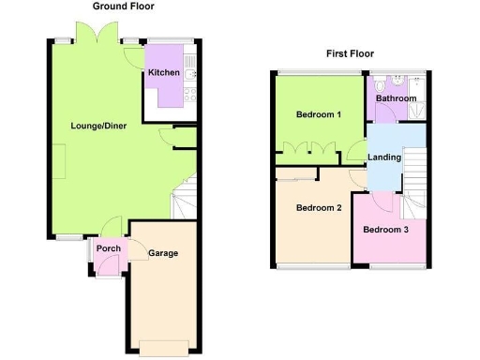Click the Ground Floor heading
tap(124, 7)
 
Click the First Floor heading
tap(351, 53)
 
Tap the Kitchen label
tap(163, 72)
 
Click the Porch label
tap(108, 249)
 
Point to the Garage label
tap(162, 253)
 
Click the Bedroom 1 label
tap(318, 114)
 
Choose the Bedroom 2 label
tap(318, 208)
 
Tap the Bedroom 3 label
tap(386, 230)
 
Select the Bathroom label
tap(396, 97)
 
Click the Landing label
tap(384, 157)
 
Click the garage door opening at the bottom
tap(164, 344)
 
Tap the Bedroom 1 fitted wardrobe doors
tap(308, 148)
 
